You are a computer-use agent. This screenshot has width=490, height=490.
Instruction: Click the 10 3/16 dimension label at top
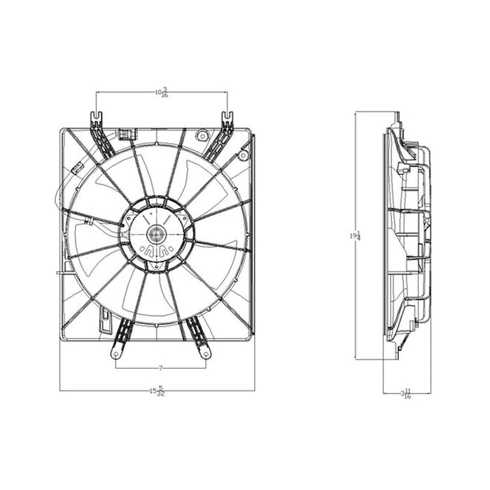pyautogui.click(x=162, y=91)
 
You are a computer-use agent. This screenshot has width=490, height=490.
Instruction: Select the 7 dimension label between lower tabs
pyautogui.click(x=161, y=367)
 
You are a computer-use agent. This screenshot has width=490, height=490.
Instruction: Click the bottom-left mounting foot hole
pyautogui.click(x=116, y=354)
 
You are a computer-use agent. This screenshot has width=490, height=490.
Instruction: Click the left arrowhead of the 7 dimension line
pyautogui.click(x=118, y=367)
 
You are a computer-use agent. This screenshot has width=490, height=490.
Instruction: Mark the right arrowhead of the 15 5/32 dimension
pyautogui.click(x=252, y=390)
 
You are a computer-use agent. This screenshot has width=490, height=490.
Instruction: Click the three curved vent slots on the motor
pyautogui.click(x=155, y=250)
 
